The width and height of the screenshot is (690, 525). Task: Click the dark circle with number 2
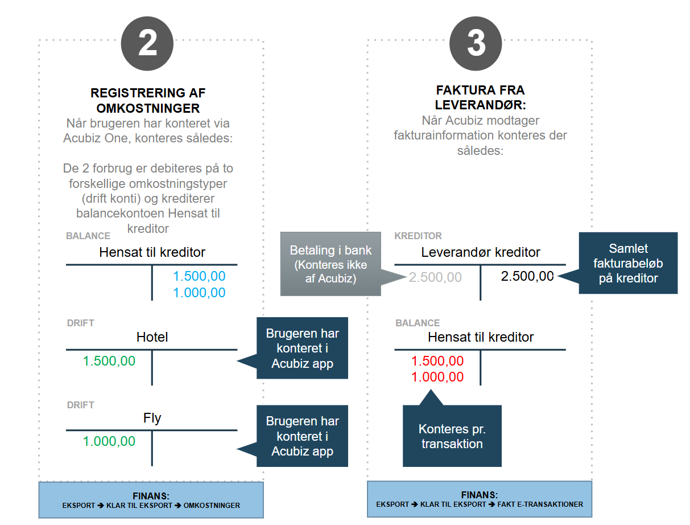(x=147, y=43)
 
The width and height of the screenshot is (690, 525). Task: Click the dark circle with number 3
(x=476, y=43)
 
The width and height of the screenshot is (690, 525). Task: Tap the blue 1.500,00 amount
(x=199, y=276)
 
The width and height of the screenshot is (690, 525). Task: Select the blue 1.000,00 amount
(x=199, y=293)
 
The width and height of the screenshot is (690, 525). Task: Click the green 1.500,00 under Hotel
(x=109, y=361)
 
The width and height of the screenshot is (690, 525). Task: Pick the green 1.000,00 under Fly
(x=109, y=441)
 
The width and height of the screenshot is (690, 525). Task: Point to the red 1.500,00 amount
(x=437, y=361)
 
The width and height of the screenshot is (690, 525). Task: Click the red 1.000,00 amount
(x=437, y=377)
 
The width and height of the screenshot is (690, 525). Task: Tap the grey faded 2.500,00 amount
(x=435, y=277)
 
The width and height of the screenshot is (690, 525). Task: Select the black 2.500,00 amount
(x=527, y=276)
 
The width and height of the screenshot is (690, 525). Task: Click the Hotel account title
(x=152, y=337)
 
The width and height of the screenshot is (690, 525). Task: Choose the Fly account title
(x=152, y=418)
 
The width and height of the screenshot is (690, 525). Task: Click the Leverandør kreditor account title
(x=480, y=252)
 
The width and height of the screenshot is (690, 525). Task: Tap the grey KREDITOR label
(x=418, y=236)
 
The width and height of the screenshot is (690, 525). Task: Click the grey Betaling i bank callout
(x=330, y=264)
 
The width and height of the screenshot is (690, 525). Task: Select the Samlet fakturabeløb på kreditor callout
(x=628, y=263)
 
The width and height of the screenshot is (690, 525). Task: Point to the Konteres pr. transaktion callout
(x=452, y=436)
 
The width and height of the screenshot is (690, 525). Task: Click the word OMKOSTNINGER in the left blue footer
(x=212, y=506)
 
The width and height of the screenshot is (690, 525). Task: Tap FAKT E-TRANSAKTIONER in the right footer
(x=540, y=505)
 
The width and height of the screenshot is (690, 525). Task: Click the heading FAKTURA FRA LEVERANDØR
(x=480, y=97)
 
